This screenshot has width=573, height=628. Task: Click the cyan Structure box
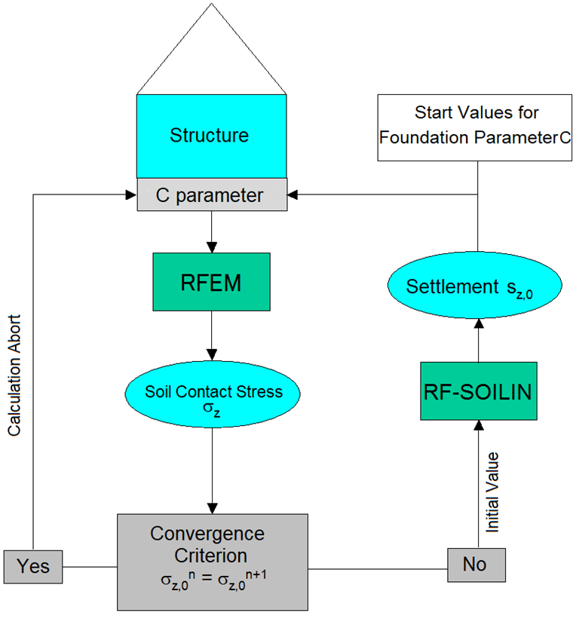coord(211,136)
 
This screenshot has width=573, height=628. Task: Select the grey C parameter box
coord(211,195)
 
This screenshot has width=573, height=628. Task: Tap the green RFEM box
coord(211,283)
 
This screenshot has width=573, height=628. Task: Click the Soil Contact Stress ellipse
coord(212,397)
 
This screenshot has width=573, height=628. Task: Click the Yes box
coord(33,565)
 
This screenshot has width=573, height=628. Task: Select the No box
coord(474,563)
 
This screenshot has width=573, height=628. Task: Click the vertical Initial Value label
coord(492,493)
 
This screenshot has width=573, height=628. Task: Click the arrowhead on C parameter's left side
coord(130,195)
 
